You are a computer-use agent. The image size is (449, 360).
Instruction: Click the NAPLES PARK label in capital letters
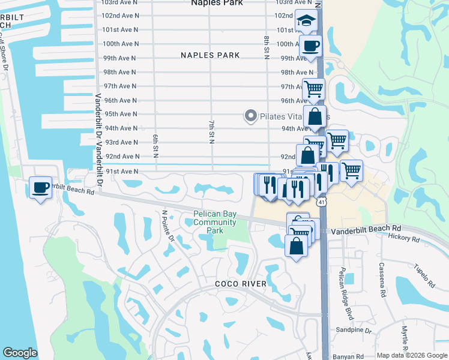(210, 55)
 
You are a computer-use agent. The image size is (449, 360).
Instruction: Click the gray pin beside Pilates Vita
(250, 115)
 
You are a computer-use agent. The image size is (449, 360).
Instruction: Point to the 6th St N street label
(155, 146)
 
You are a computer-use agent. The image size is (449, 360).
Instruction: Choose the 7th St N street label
(211, 132)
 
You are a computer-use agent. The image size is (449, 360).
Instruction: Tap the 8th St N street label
(266, 47)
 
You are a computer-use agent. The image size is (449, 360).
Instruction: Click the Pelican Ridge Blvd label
(345, 293)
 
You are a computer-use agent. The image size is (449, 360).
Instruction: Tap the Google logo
(20, 353)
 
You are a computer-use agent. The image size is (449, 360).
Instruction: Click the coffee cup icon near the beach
(41, 188)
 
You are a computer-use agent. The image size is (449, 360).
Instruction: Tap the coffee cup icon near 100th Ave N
(310, 46)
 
